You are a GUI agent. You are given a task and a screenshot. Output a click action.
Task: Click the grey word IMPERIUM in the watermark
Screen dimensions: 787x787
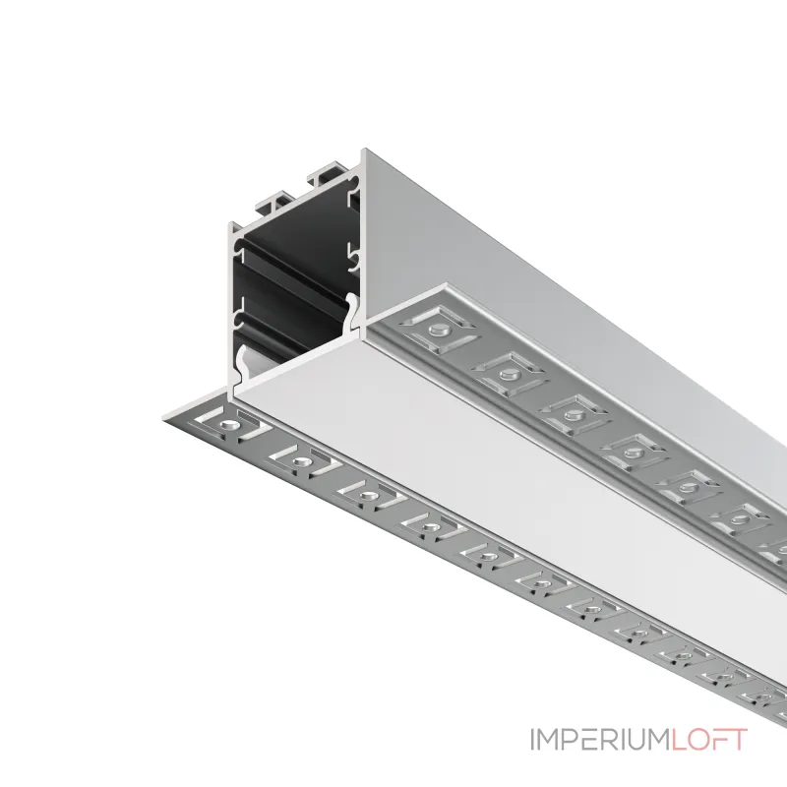(600, 740)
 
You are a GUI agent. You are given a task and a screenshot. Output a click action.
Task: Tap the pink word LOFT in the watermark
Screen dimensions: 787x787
(708, 740)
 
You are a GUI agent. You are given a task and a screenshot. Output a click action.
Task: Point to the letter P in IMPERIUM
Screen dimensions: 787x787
(570, 740)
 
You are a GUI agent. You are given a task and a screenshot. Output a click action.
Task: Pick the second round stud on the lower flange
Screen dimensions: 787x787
(300, 462)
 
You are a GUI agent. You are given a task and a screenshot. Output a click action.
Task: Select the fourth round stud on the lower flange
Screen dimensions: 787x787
(428, 527)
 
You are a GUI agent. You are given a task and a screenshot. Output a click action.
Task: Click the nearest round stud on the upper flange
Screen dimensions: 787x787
(438, 330)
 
